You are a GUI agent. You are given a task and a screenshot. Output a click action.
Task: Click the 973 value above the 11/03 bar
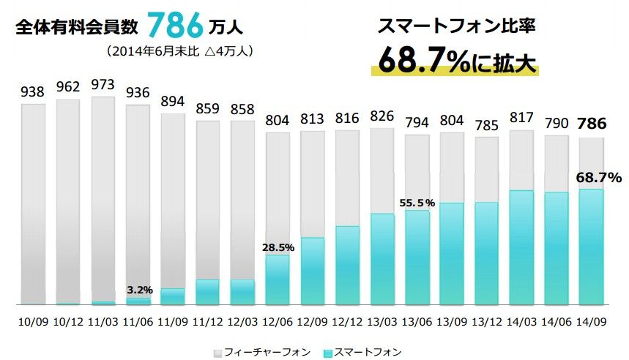pyautogui.click(x=103, y=85)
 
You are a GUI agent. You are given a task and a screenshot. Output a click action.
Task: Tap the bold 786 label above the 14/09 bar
pyautogui.click(x=591, y=124)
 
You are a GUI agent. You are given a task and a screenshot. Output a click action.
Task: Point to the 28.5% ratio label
pyautogui.click(x=278, y=247)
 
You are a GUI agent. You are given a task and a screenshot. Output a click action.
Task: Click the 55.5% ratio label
pyautogui.click(x=417, y=203)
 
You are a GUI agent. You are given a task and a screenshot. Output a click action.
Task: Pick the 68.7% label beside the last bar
pyautogui.click(x=600, y=177)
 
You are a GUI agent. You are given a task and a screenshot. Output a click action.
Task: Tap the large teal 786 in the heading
pyautogui.click(x=174, y=26)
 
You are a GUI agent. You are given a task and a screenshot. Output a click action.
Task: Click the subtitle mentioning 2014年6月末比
pyautogui.click(x=179, y=52)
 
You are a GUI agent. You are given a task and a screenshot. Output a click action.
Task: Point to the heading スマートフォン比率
pyautogui.click(x=457, y=27)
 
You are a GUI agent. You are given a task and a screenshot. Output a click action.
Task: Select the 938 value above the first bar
pyautogui.click(x=33, y=92)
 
